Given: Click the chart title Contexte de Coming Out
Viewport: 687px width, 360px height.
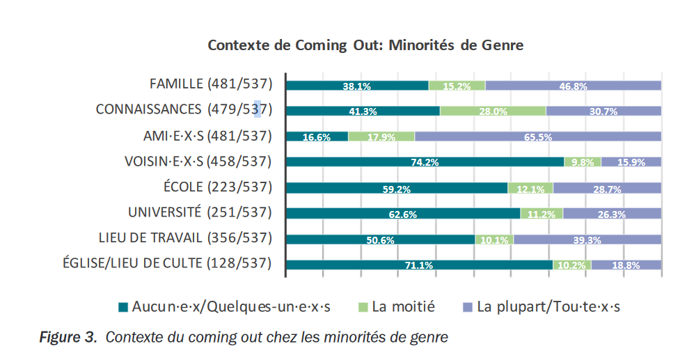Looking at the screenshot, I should [365, 46].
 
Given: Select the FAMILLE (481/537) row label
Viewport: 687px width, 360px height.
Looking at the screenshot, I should [210, 84].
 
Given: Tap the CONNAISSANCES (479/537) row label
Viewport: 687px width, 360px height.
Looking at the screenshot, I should [183, 109].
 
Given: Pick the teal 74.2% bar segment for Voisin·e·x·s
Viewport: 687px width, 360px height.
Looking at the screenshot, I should [425, 162].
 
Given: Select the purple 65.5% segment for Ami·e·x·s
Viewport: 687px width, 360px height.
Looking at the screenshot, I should [537, 136].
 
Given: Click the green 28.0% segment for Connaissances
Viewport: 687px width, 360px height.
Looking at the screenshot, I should [492, 111].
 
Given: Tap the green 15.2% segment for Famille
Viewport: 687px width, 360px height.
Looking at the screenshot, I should [457, 86].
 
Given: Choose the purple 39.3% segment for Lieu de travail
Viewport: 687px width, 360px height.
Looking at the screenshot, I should [587, 240].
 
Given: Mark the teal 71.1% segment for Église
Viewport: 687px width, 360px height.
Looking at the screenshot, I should [419, 265].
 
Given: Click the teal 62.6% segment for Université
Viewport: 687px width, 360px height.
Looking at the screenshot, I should [403, 214].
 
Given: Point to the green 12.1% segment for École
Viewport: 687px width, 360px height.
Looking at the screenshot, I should [530, 188].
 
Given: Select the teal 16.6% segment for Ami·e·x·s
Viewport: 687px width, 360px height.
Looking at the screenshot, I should [317, 136].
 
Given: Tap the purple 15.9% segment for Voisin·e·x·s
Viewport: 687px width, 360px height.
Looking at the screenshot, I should [631, 162].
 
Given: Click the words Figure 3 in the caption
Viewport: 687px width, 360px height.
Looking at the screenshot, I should [67, 338].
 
